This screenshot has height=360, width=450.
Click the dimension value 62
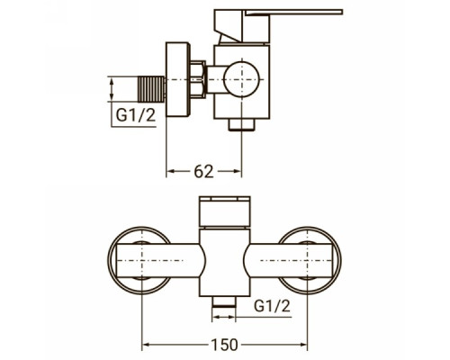tap(203, 172)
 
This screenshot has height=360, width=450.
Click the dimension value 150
tap(224, 345)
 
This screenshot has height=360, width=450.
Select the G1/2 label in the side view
tap(136, 115)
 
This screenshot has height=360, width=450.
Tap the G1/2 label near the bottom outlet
tap(272, 306)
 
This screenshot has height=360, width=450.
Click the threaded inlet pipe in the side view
tap(151, 89)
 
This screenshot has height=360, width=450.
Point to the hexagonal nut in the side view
tap(198, 80)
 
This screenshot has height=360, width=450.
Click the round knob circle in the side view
tap(241, 79)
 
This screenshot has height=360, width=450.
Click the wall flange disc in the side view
tap(178, 79)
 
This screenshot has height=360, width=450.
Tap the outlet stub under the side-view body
tap(241, 125)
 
